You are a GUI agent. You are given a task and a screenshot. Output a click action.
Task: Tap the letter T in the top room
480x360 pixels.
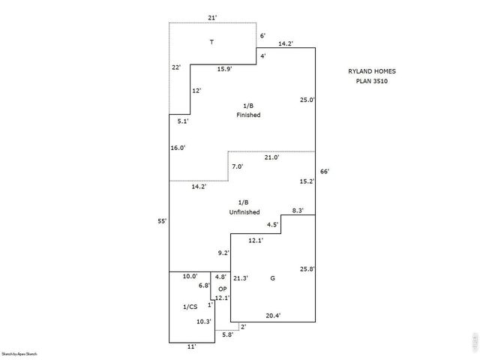(x=211, y=41)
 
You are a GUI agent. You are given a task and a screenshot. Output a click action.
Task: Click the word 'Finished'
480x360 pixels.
(x=247, y=115)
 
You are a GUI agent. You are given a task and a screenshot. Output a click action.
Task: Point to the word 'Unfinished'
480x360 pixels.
(x=244, y=213)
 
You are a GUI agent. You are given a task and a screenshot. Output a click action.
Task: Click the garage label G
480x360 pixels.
(x=272, y=278)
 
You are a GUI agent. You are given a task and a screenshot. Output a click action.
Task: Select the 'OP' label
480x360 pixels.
(x=222, y=289)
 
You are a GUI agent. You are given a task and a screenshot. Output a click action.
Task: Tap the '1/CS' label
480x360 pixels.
(x=190, y=307)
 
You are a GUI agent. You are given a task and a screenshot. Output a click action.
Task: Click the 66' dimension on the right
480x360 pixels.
(x=325, y=172)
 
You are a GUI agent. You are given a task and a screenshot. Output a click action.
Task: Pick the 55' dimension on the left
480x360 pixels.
(x=162, y=220)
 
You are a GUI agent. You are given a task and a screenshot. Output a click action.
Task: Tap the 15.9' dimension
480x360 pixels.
(x=224, y=69)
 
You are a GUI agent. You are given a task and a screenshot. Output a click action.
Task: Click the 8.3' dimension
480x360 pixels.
(x=298, y=211)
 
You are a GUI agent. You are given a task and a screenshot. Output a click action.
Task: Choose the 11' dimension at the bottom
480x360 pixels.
(x=191, y=346)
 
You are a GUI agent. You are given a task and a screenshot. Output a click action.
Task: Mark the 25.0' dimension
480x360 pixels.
(x=307, y=100)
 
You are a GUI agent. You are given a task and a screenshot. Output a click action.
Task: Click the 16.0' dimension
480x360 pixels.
(x=178, y=148)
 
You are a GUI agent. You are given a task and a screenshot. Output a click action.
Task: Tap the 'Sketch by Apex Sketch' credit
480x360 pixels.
(x=19, y=353)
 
